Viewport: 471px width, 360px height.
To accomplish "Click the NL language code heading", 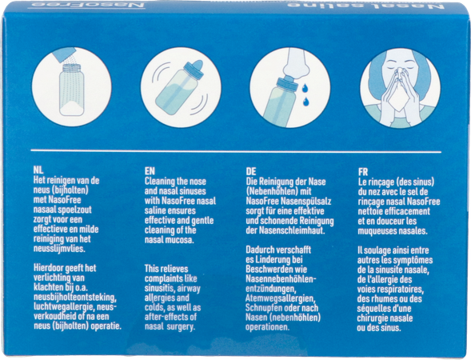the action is (38, 170).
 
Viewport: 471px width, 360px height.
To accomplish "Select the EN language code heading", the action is (150, 171).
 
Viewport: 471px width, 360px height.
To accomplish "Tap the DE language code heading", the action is (251, 171).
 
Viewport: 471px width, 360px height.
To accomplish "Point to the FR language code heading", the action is (363, 172).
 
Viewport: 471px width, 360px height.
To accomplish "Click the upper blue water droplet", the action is (305, 88).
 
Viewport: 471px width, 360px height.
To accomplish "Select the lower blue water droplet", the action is (305, 102).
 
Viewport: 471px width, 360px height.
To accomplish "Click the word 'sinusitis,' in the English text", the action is (159, 289).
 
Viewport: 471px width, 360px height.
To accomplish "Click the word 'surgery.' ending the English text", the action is (181, 327).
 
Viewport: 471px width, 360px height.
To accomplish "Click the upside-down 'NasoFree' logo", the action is (86, 5).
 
